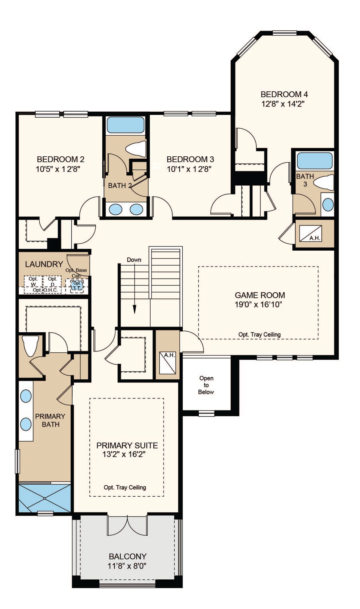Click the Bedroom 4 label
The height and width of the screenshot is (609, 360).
pos(284,94)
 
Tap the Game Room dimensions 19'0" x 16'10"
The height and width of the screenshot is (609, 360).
pos(259,304)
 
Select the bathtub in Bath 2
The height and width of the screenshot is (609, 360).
pos(126,125)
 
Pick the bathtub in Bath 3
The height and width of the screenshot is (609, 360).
pos(315,161)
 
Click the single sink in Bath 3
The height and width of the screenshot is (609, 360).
pos(328,204)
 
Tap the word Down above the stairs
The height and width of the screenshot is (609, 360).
pos(134,260)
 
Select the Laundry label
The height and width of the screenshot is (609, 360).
pos(44,264)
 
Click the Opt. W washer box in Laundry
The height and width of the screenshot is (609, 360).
pos(33,282)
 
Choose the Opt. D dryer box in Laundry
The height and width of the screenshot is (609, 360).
pos(52,282)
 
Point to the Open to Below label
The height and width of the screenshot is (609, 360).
pos(206,385)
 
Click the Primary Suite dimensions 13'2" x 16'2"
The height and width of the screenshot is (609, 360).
pos(124,454)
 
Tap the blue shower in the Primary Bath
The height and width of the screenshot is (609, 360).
pos(45,498)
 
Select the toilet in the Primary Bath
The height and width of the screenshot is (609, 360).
pos(31,346)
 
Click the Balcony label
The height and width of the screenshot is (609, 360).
pos(127,556)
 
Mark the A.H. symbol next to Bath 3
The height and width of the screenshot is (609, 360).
pos(310,234)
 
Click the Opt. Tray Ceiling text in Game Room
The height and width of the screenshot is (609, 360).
pos(259,334)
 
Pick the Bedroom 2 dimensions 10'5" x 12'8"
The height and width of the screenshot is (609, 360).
pos(58,169)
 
